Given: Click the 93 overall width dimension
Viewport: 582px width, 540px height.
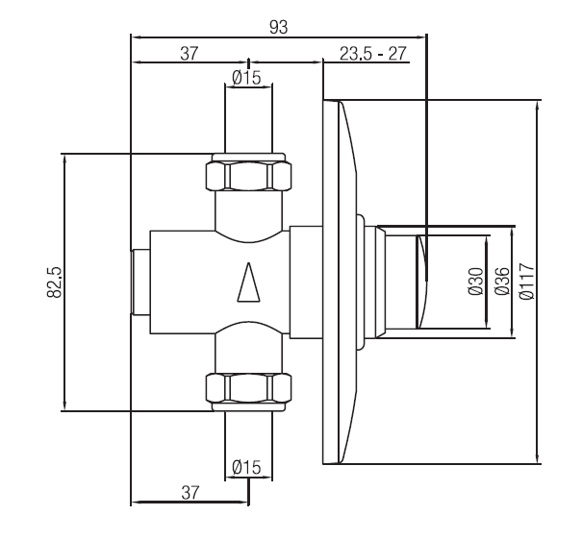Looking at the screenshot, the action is tap(278, 27).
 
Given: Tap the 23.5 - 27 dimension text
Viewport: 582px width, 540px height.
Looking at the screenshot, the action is tap(373, 54).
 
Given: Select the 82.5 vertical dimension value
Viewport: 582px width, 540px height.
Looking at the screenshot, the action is tap(54, 282).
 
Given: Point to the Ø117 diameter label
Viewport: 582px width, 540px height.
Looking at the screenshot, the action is tap(527, 282).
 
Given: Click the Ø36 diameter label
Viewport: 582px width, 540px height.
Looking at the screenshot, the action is tap(502, 282).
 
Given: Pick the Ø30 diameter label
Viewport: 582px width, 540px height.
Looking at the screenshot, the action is tap(476, 282).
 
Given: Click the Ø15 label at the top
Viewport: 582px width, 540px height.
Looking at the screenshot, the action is tap(247, 78).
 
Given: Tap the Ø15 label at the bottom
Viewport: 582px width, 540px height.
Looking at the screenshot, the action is tap(247, 467).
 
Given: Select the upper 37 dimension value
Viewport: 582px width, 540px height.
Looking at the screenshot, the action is tap(190, 54).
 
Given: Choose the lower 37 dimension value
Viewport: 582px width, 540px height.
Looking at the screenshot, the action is tap(190, 493).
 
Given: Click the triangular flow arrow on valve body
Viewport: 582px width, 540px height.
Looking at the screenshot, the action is tap(249, 282).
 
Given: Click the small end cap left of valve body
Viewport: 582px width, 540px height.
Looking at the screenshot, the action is tap(140, 282).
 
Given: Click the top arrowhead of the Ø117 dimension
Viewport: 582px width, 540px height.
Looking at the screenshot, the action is tap(538, 105).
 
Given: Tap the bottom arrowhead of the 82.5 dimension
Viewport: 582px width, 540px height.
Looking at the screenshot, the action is tap(65, 405).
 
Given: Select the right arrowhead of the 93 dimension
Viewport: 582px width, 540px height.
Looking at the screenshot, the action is tap(421, 37).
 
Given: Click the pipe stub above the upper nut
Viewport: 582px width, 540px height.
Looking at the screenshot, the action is tap(248, 118).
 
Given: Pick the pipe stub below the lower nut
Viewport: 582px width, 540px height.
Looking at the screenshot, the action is tap(248, 446).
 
